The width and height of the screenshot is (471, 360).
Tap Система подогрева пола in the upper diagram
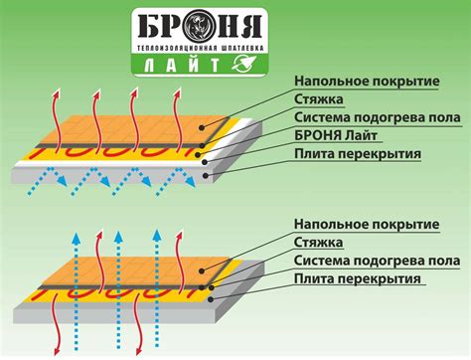tap(377, 118)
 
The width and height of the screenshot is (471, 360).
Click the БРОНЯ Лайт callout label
tap(343, 136)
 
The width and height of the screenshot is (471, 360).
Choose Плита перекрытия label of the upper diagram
tap(358, 154)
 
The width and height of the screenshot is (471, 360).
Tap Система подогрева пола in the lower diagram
tap(377, 260)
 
